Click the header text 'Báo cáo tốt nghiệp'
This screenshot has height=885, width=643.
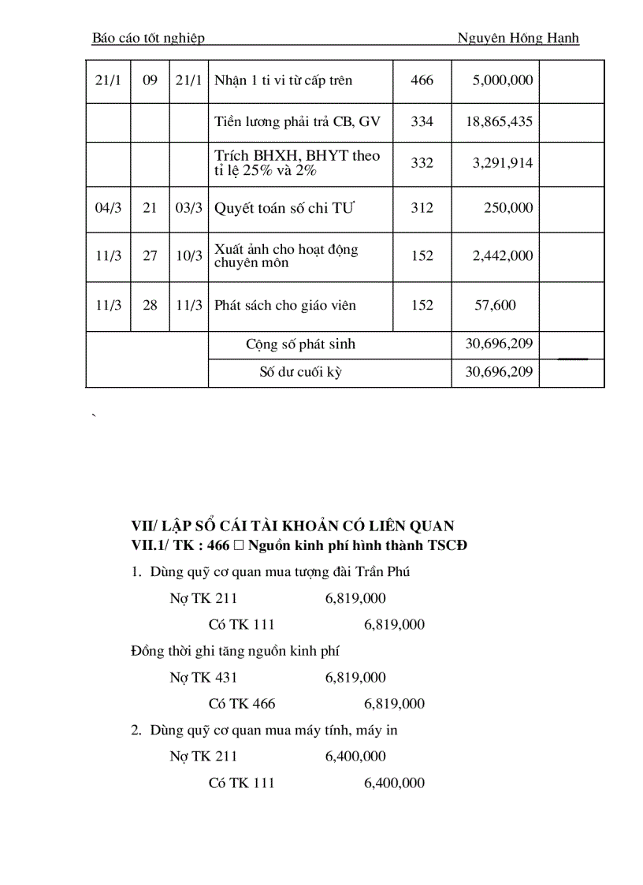point(148,38)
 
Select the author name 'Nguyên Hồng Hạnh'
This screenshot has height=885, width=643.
point(518,38)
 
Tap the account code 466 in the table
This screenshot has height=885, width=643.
point(422,80)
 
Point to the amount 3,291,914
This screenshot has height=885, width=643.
point(503,163)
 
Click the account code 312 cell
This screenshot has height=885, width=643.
point(422,208)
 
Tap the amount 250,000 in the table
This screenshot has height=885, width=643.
point(508,208)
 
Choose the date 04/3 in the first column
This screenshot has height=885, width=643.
point(106,208)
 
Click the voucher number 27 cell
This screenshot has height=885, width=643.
point(150,256)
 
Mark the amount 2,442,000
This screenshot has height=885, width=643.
point(503,256)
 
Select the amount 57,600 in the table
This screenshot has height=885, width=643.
point(495,305)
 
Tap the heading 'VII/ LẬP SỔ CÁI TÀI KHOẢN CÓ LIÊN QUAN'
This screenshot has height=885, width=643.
point(292,526)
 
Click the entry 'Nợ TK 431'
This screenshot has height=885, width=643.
point(203,677)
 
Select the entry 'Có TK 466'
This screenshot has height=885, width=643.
point(242,704)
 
